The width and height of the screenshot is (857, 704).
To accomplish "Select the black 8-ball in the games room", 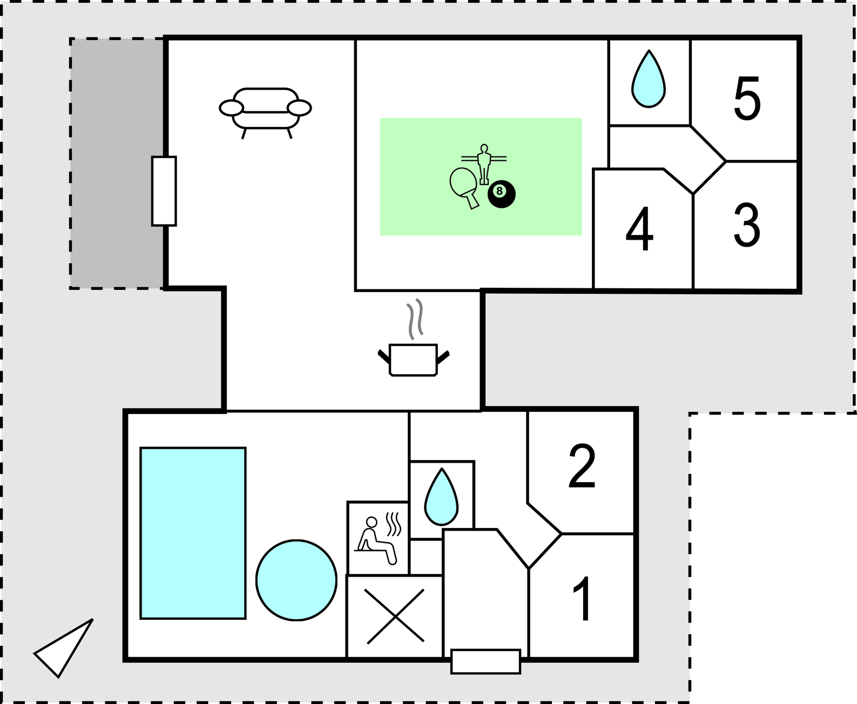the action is (502, 194).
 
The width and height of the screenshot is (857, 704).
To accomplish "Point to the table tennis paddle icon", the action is (464, 188).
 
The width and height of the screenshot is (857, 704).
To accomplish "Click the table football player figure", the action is (483, 164).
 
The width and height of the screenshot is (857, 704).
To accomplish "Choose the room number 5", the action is (747, 98).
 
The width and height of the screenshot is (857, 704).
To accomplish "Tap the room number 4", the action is (639, 229).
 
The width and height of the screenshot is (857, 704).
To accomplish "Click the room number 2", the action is (582, 465).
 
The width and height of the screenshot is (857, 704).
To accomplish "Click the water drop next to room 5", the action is (649, 79).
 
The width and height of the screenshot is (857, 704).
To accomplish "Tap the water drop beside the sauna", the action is (441, 496).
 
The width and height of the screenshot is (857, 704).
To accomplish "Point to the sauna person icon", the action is (378, 539).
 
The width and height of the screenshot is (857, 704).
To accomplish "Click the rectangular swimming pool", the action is (193, 533).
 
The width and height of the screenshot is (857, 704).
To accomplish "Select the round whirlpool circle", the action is (296, 580).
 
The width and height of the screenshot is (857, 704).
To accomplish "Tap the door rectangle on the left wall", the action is (164, 191).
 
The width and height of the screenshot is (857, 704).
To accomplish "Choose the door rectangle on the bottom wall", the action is (485, 661).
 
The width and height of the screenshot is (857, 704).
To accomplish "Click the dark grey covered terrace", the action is (117, 163).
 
